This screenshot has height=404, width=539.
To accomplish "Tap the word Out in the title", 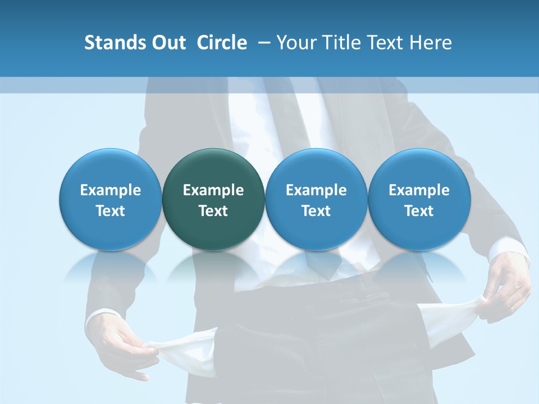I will [x=167, y=43].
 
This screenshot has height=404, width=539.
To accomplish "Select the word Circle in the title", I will [x=222, y=43].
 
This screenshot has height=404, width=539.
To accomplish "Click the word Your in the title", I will [x=295, y=43].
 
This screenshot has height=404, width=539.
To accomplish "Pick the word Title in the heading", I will [x=339, y=43].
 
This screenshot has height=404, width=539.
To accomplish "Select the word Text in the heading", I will [x=385, y=43].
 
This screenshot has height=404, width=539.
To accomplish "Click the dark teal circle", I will [x=213, y=199].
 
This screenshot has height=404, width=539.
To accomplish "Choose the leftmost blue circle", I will [x=111, y=199].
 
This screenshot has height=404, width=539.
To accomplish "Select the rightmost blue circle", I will [x=419, y=199].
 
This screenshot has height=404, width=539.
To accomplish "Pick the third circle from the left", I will [x=316, y=199].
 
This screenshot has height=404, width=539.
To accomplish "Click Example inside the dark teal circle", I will [x=213, y=190].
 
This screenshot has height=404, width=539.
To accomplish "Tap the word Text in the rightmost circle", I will [x=419, y=211].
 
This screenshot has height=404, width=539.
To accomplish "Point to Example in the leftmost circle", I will [x=111, y=190].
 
